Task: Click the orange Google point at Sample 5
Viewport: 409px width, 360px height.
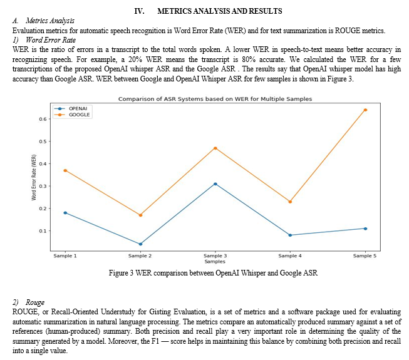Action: pos(365,110)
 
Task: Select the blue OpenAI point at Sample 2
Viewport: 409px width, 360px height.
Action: pos(140,244)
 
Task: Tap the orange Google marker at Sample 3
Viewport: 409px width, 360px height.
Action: pos(215,148)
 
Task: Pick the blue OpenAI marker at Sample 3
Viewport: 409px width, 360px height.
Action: pos(215,184)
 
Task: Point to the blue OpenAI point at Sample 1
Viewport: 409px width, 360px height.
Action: pos(65,213)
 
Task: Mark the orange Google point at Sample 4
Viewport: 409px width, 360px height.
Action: pos(290,202)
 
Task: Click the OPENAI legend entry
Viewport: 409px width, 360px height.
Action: pos(71,108)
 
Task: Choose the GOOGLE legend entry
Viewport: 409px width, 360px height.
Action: pos(73,115)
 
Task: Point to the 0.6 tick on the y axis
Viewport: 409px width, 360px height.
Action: pos(43,119)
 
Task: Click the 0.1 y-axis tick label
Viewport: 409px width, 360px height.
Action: pos(43,230)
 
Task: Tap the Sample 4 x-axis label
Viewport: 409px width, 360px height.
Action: pos(290,255)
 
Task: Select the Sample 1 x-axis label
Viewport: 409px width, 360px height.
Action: pos(65,255)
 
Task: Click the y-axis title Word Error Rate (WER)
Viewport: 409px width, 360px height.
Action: pos(34,177)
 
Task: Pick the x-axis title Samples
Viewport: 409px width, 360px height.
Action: pos(215,262)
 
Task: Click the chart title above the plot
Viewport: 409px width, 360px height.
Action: pos(215,99)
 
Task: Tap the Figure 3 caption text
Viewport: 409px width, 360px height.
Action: pos(213,273)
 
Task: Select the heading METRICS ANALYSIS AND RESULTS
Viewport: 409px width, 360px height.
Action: pos(220,11)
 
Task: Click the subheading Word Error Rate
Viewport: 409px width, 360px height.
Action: pos(51,40)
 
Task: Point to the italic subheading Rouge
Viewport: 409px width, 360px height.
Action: pos(35,302)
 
